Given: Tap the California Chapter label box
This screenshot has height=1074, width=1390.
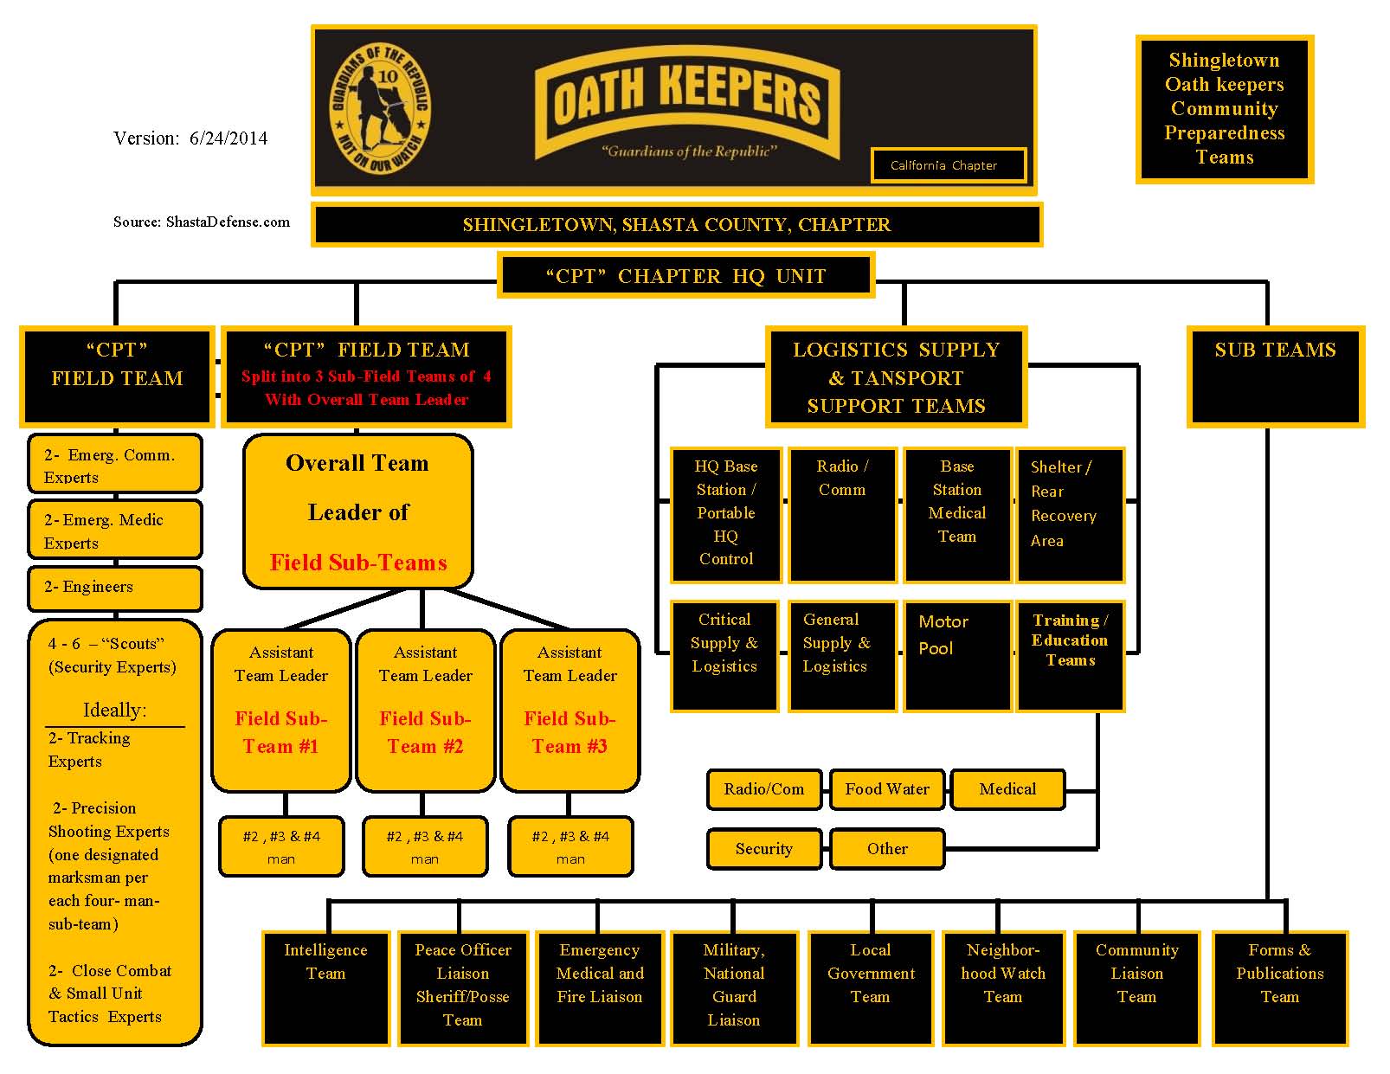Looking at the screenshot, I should click(948, 165).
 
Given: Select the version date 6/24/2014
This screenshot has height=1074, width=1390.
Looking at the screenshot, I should click(228, 138).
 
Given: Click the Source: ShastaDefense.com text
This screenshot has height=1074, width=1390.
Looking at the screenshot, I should click(202, 222).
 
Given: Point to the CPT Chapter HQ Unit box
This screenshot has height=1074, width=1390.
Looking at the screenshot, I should click(685, 276).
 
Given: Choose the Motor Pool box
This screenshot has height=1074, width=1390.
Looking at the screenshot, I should click(956, 655).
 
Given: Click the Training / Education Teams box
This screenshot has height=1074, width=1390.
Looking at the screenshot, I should click(1070, 655).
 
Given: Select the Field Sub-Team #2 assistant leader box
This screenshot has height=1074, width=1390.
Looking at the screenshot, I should click(425, 710).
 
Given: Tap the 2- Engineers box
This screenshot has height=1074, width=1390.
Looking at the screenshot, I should click(115, 588).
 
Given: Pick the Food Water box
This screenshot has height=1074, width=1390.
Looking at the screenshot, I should click(887, 789).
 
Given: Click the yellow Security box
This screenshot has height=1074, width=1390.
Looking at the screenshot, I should click(763, 849).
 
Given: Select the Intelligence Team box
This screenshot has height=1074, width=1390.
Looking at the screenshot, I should click(325, 987).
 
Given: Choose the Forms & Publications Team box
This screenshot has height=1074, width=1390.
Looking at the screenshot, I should click(1279, 987).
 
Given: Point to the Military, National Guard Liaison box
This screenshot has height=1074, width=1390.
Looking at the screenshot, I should click(734, 987).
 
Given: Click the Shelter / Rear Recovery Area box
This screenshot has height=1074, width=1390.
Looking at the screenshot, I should click(1070, 515).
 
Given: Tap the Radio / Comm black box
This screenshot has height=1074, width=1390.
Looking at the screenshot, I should click(842, 515).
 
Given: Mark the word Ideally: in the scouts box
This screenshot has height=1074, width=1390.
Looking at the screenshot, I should click(114, 711).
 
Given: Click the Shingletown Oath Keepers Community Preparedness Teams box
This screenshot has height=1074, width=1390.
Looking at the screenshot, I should click(1224, 109).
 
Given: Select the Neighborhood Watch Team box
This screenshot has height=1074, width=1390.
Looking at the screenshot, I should click(1003, 987).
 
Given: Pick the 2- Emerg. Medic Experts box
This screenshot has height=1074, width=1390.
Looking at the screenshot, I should click(115, 530).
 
